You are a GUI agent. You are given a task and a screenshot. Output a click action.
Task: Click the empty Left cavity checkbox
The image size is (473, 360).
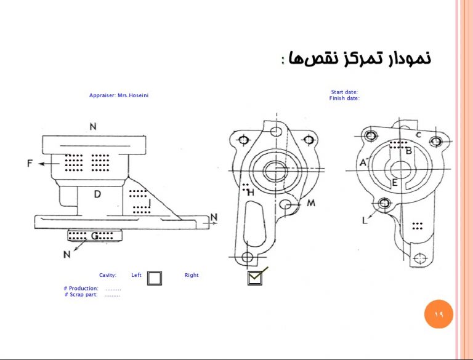click(x=155, y=278)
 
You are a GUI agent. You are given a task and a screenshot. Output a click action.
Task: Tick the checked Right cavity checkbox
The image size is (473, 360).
click(x=255, y=278)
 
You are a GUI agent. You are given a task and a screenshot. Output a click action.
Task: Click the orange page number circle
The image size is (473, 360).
click(x=439, y=314)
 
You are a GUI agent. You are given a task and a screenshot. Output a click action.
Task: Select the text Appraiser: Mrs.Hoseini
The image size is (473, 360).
click(x=119, y=95)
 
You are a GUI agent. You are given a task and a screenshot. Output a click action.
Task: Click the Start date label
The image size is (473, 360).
click(x=344, y=92)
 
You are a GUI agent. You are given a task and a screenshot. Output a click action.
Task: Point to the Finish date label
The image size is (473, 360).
click(x=344, y=98)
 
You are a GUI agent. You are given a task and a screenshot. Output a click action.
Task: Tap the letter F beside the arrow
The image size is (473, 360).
click(x=30, y=164)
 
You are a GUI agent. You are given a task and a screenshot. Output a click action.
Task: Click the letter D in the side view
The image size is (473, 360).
click(x=97, y=194)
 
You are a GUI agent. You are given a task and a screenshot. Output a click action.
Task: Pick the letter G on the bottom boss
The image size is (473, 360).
click(x=94, y=236)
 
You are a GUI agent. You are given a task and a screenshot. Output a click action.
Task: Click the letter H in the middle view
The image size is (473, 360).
click(x=251, y=193)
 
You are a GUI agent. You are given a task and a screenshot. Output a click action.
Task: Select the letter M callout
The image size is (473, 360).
click(x=311, y=203)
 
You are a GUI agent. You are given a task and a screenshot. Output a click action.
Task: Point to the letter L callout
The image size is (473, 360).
click(x=365, y=221)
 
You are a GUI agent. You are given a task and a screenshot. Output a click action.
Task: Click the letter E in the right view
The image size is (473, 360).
click(x=394, y=183)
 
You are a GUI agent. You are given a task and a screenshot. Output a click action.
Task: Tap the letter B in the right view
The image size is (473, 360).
click(x=409, y=151)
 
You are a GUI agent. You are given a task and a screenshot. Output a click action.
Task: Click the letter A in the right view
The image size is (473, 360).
click(x=363, y=162)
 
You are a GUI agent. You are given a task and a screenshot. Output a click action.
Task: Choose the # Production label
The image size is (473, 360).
click(x=81, y=288)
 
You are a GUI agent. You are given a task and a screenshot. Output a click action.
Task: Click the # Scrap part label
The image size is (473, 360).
click(x=81, y=294)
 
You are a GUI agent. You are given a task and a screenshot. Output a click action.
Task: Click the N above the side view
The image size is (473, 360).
click(x=93, y=127)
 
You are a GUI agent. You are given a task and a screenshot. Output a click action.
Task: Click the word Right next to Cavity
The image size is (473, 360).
click(x=192, y=275)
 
